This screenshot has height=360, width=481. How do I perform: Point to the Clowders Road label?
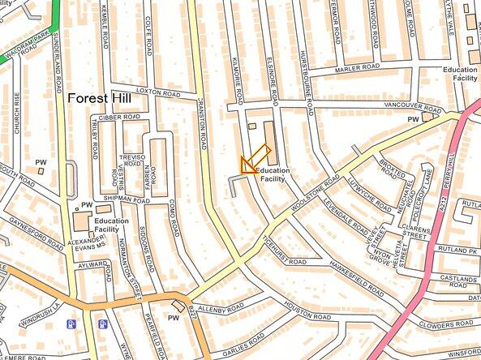click(445, 325)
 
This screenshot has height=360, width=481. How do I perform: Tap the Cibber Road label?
click(120, 117)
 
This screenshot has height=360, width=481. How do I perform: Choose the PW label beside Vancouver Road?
click(413, 120)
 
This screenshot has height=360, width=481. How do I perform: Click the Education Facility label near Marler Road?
click(459, 75)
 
